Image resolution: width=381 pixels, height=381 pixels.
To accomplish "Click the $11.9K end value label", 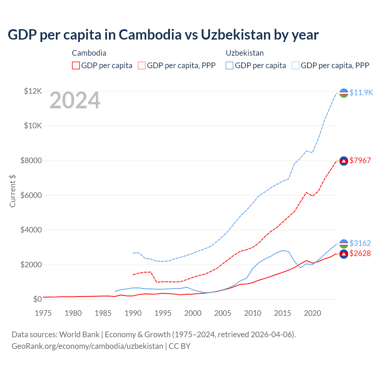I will tap(361, 93).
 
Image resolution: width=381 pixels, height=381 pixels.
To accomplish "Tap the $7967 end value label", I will tap(360, 160).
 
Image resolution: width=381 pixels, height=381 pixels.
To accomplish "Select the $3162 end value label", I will tap(360, 243).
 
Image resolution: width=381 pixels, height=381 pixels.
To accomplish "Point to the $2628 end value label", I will tap(360, 253).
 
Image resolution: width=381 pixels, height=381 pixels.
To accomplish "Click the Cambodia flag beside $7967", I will tap(344, 161).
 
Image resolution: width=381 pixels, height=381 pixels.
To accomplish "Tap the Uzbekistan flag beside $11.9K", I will tap(344, 93).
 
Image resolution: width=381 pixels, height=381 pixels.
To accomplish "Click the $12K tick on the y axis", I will tap(33, 91).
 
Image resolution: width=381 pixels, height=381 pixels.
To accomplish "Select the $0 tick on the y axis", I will tap(37, 299).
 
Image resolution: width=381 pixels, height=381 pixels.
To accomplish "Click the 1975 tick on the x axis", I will tap(43, 313).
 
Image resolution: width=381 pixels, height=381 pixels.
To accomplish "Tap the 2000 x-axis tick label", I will tap(193, 313).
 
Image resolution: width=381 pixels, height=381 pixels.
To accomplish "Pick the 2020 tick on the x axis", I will tap(313, 313).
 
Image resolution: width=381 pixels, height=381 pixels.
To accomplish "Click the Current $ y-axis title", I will tap(13, 191).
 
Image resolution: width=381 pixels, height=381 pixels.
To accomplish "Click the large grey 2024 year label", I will tap(75, 101).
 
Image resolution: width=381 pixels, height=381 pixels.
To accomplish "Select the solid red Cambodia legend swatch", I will tap(76, 65).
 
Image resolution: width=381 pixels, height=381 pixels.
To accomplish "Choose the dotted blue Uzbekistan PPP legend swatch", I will tap(296, 65).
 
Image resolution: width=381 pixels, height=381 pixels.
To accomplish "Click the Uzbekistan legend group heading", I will tap(245, 53).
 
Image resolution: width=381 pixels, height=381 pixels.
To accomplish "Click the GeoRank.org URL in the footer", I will tap(87, 346).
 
